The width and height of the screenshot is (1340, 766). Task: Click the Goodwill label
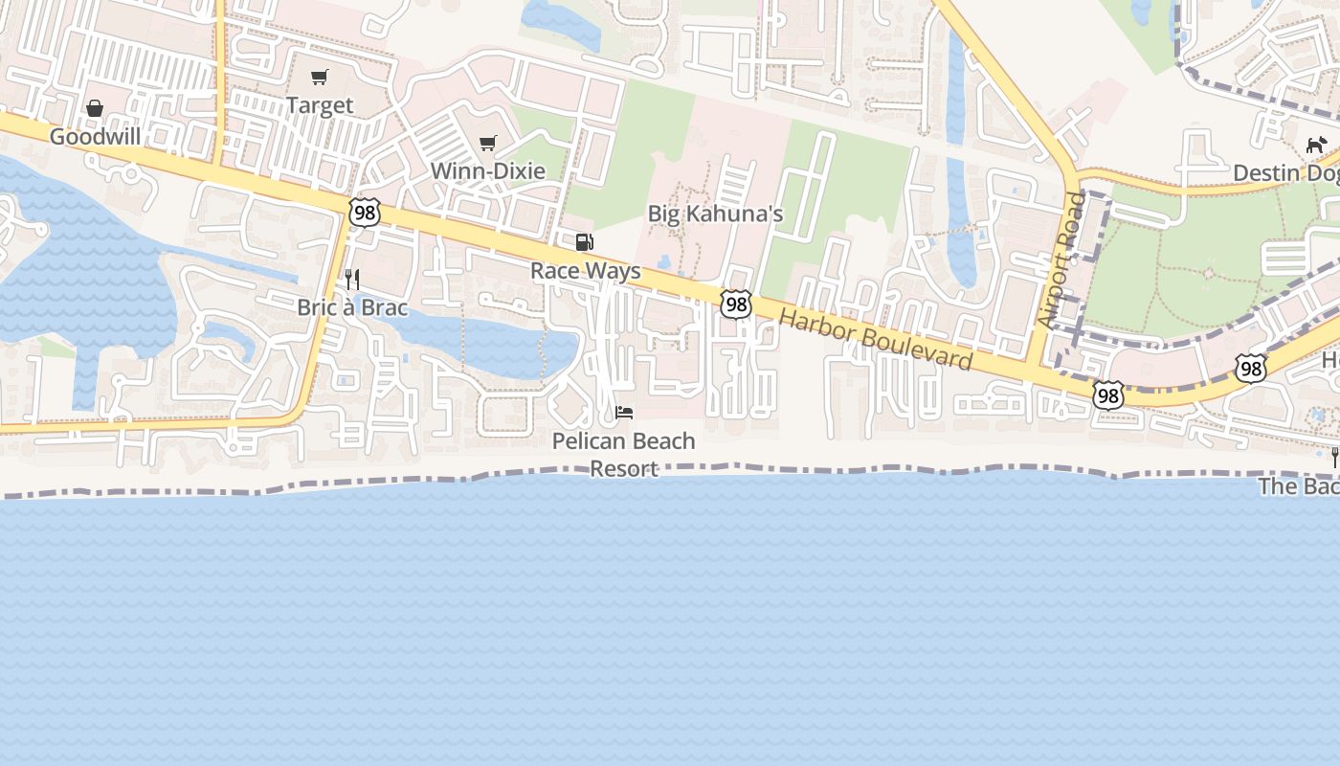coord(95,137)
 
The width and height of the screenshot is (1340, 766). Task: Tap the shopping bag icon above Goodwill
coord(95,108)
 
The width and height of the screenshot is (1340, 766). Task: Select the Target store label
coord(320,105)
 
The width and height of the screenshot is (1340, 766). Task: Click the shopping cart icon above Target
coord(320,77)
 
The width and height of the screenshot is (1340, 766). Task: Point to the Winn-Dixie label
coord(488,171)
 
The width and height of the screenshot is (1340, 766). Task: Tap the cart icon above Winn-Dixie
coord(488,144)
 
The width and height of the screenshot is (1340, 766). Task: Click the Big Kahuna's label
coord(716,214)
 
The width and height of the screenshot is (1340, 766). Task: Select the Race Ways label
coord(586,271)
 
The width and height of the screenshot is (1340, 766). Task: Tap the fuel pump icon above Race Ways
coord(584,242)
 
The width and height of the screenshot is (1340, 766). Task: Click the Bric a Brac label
coord(352,307)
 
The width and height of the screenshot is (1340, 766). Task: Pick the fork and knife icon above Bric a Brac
coord(352,280)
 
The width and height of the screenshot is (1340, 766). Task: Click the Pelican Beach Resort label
coord(624,455)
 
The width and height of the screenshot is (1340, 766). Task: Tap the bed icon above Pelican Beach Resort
coord(624,413)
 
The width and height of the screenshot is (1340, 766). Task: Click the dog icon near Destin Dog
coord(1317,145)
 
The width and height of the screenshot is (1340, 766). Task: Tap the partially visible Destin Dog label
coord(1285,173)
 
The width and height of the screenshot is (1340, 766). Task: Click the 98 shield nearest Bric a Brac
coord(365,212)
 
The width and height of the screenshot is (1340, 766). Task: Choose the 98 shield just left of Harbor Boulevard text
coord(735,304)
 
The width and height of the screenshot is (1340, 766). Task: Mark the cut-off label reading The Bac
coord(1299,486)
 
